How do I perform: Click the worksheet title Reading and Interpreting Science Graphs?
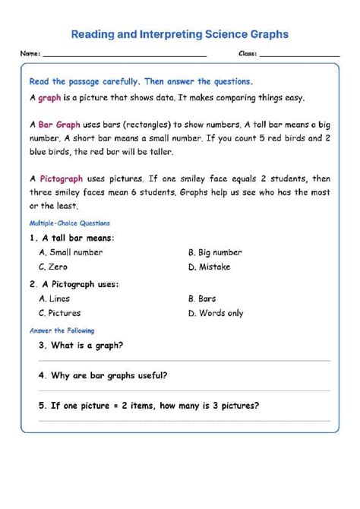pos(179,34)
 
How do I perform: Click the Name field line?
pos(125,55)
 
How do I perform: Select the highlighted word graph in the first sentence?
pos(49,98)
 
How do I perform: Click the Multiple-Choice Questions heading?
pos(69,223)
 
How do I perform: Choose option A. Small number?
pos(71,252)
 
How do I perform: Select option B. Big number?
pos(215,252)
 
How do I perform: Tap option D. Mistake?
pos(210,267)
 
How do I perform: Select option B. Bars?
pos(202,299)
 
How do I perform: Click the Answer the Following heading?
pos(62,330)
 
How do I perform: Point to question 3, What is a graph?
pos(81,345)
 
